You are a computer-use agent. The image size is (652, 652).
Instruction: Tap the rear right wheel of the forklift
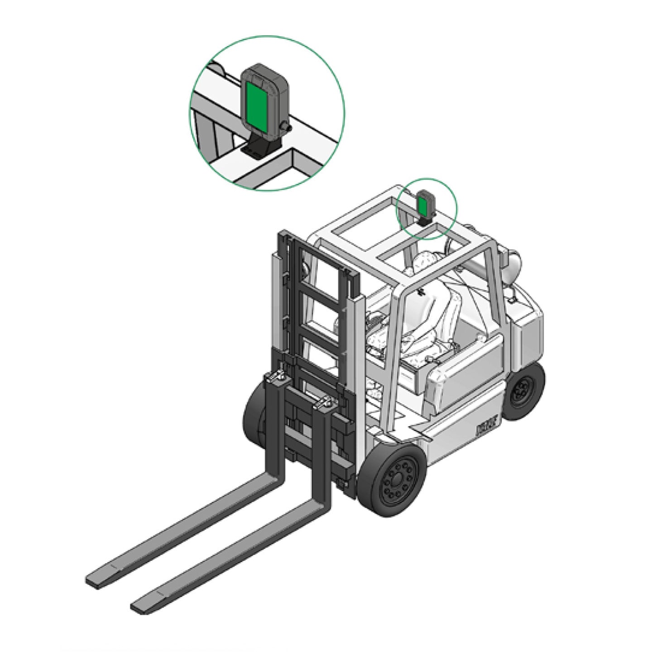click(x=524, y=391)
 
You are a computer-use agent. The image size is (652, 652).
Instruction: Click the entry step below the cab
click(x=421, y=431)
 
